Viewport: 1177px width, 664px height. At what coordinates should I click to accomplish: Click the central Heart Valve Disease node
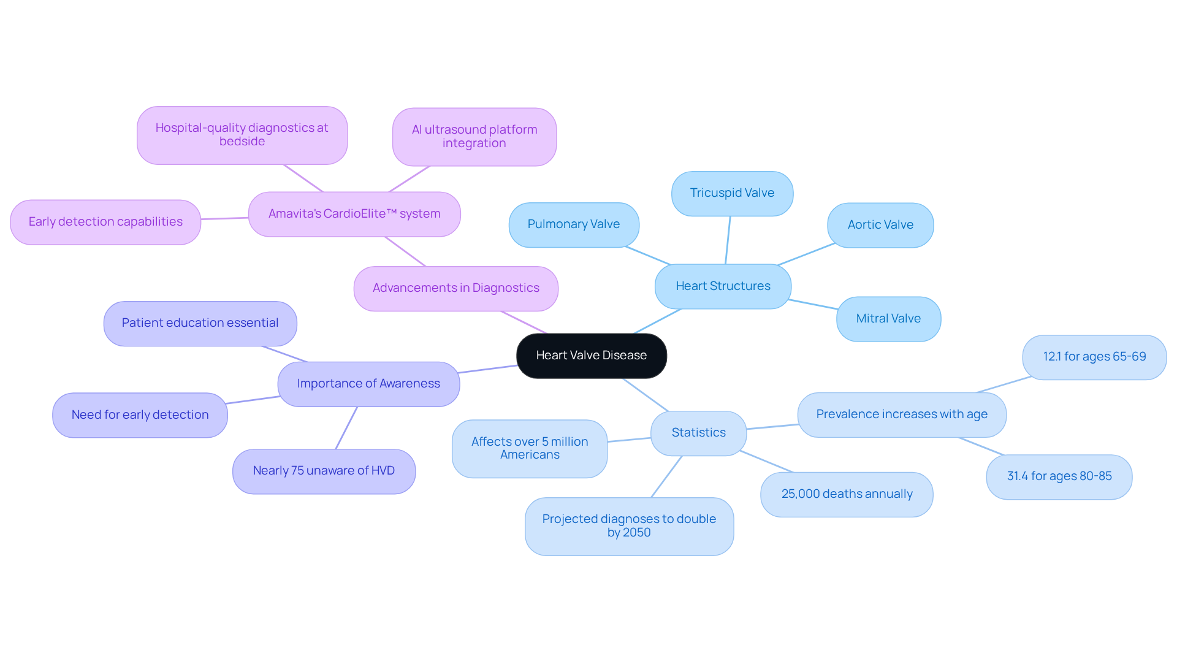tap(591, 356)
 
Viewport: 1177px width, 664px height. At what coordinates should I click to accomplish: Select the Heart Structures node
tap(723, 286)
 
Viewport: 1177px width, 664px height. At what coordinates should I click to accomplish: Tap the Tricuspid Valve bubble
tap(732, 193)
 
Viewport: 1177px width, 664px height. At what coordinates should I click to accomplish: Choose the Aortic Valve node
tap(880, 225)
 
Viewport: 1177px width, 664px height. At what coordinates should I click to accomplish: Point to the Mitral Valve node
tap(888, 319)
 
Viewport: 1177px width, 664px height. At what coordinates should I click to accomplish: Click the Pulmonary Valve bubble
tap(573, 224)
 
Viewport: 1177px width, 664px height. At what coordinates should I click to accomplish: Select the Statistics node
tap(698, 433)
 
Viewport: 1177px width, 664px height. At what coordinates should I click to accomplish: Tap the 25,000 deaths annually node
tap(846, 494)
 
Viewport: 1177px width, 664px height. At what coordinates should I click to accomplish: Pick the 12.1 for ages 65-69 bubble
tap(1094, 357)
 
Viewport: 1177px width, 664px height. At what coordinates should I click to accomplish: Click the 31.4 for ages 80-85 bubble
tap(1059, 476)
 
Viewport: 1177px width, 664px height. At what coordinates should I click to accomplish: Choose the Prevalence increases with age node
tap(901, 414)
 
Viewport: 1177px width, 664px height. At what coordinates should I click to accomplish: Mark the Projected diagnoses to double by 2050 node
tap(629, 526)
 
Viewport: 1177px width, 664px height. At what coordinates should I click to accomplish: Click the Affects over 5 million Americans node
tap(529, 448)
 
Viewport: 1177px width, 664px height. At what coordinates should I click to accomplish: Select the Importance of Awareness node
tap(368, 384)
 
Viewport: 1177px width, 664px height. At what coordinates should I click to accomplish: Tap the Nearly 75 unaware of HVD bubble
tap(324, 471)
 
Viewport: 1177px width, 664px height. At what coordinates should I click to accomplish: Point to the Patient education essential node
tap(200, 323)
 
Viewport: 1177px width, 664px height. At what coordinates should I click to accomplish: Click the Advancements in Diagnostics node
tap(455, 288)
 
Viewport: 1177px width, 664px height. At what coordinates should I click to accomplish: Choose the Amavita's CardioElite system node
tap(354, 214)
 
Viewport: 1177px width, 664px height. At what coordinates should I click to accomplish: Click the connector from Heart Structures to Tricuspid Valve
tap(728, 240)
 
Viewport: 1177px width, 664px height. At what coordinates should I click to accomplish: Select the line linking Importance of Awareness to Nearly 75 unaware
tap(346, 428)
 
